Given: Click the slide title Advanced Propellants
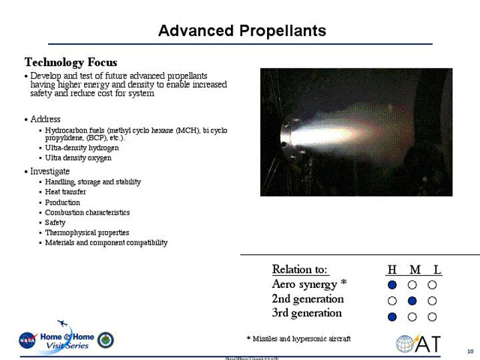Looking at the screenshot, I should click(242, 31).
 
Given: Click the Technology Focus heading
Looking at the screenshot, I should click(70, 61).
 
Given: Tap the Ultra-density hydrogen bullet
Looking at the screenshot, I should click(82, 148).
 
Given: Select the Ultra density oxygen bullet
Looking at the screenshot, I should click(78, 158).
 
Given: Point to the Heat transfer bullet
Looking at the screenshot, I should click(65, 192).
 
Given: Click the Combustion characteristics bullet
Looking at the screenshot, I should click(87, 212).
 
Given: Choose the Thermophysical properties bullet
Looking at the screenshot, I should click(87, 232).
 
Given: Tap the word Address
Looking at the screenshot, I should click(45, 119).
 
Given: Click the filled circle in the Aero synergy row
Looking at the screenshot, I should click(392, 285).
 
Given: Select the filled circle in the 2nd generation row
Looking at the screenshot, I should click(412, 301).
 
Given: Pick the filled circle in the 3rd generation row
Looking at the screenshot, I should click(392, 316).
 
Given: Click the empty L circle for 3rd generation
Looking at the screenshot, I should click(433, 316).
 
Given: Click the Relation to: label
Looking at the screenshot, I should click(300, 270).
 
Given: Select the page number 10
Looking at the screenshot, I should click(469, 352).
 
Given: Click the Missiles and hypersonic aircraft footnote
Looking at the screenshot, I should click(298, 338).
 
